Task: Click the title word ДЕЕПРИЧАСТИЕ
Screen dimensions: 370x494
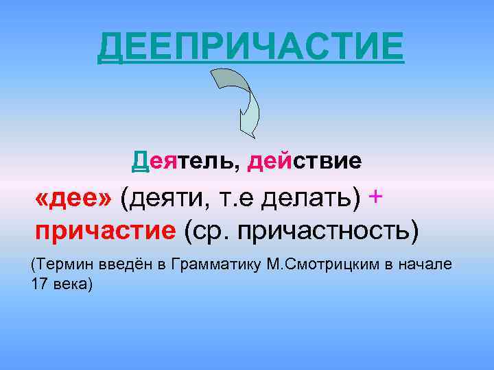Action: pyautogui.click(x=250, y=47)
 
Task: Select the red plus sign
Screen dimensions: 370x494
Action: pyautogui.click(x=375, y=196)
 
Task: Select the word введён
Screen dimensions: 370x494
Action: pyautogui.click(x=121, y=264)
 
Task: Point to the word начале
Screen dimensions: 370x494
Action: pyautogui.click(x=428, y=264)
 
